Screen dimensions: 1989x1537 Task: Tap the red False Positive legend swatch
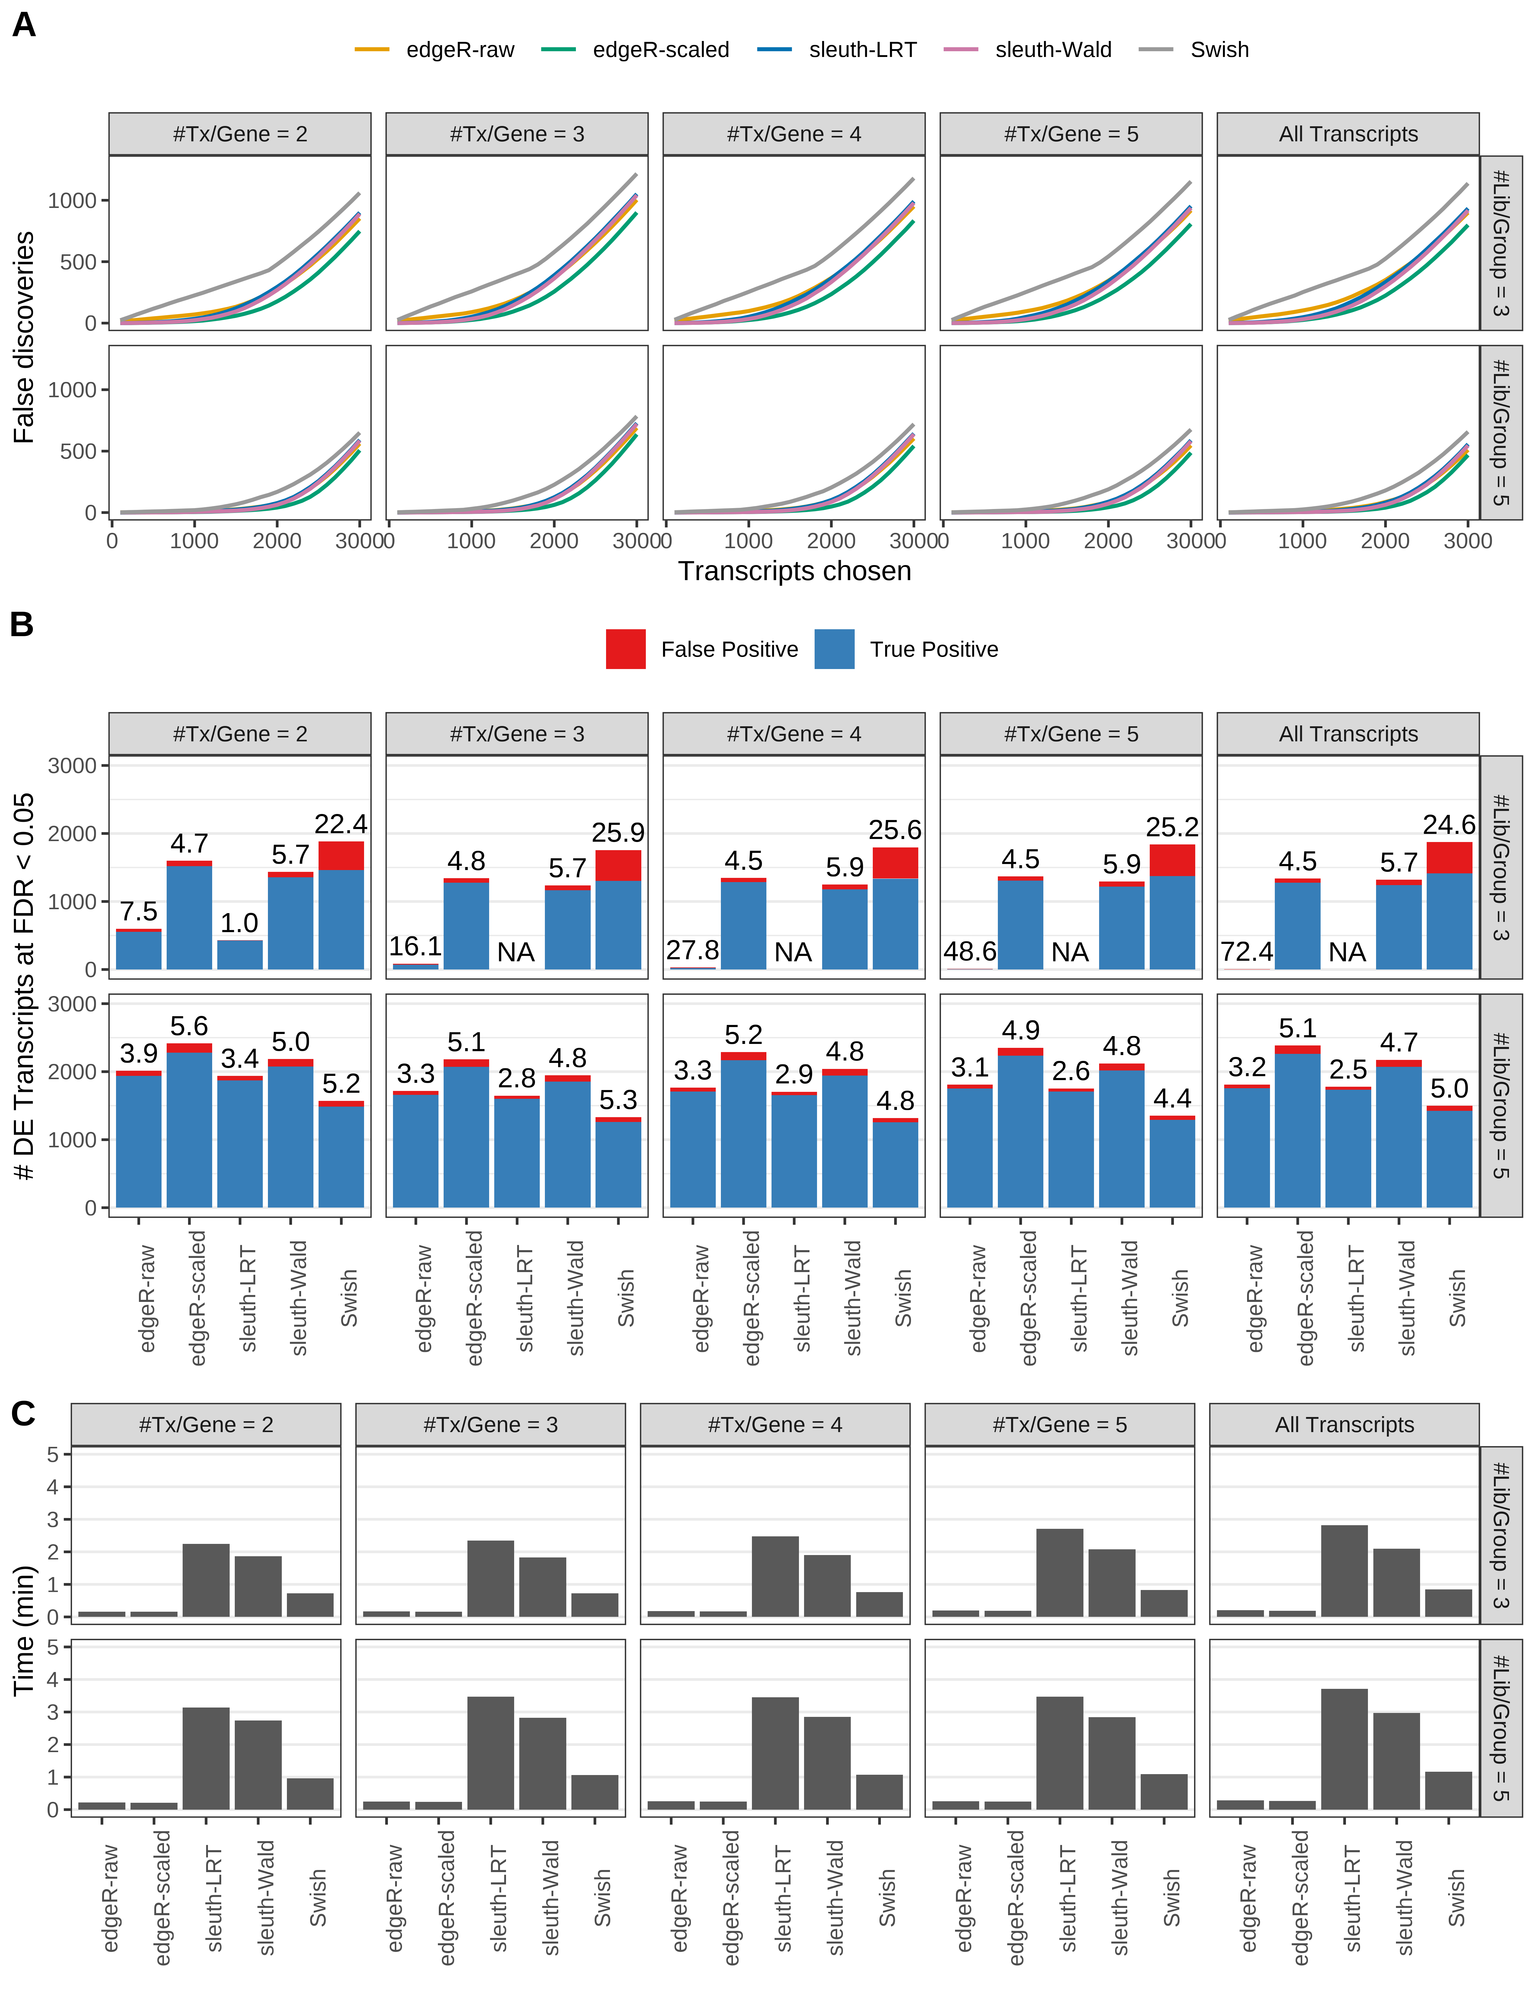(626, 649)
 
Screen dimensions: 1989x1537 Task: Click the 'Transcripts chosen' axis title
(794, 571)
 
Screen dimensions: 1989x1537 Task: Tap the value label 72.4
(1246, 952)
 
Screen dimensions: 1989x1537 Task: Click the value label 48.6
(969, 952)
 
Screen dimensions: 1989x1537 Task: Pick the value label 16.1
(415, 947)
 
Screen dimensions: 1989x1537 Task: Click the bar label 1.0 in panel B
(240, 923)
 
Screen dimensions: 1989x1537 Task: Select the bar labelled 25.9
(618, 911)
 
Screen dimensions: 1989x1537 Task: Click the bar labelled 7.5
(138, 949)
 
